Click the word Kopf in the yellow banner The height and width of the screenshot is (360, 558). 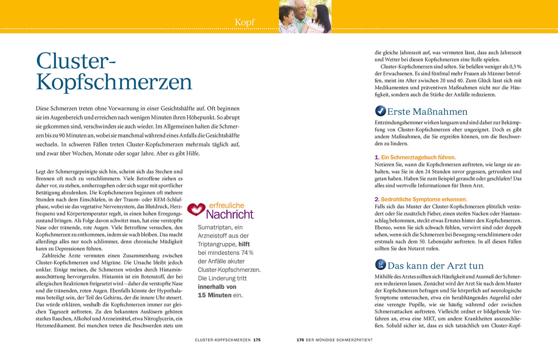click(x=244, y=22)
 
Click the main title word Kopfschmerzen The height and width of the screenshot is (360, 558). click(x=114, y=82)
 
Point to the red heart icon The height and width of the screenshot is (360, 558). click(x=196, y=209)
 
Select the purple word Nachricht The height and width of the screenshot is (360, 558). click(x=230, y=214)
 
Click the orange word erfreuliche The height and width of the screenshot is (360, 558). click(x=226, y=205)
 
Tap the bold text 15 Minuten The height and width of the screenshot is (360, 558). click(x=215, y=295)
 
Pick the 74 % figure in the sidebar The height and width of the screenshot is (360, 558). click(x=247, y=253)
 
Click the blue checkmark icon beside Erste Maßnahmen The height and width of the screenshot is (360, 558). click(x=380, y=111)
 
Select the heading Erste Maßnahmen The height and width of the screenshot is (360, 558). click(x=427, y=112)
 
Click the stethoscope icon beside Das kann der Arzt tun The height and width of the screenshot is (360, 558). click(x=380, y=265)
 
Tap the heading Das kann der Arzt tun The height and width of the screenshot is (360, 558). click(x=435, y=266)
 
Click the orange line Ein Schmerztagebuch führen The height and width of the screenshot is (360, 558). click(x=418, y=157)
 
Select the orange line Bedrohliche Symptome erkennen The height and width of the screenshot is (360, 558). click(x=424, y=199)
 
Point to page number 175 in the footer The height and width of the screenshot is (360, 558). click(x=257, y=340)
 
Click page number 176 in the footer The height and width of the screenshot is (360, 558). click(x=300, y=340)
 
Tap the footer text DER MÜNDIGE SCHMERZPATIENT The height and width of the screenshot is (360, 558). click(x=339, y=340)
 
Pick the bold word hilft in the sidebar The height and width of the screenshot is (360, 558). click(x=244, y=244)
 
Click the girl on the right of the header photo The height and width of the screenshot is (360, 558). click(x=317, y=16)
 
